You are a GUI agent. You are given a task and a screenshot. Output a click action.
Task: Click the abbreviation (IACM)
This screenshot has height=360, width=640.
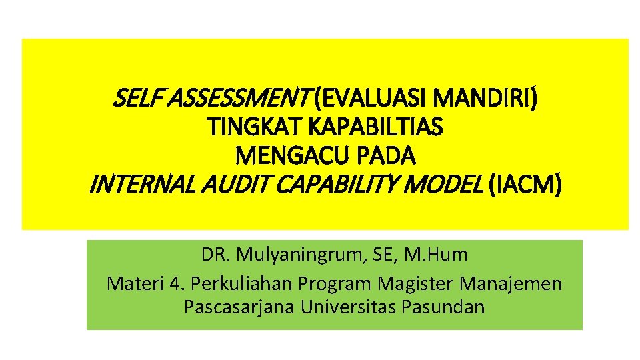pos(526,184)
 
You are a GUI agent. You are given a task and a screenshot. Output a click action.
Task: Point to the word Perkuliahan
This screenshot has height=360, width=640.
pos(241,284)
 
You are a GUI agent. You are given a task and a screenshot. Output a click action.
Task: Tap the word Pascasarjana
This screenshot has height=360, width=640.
pos(239,307)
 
